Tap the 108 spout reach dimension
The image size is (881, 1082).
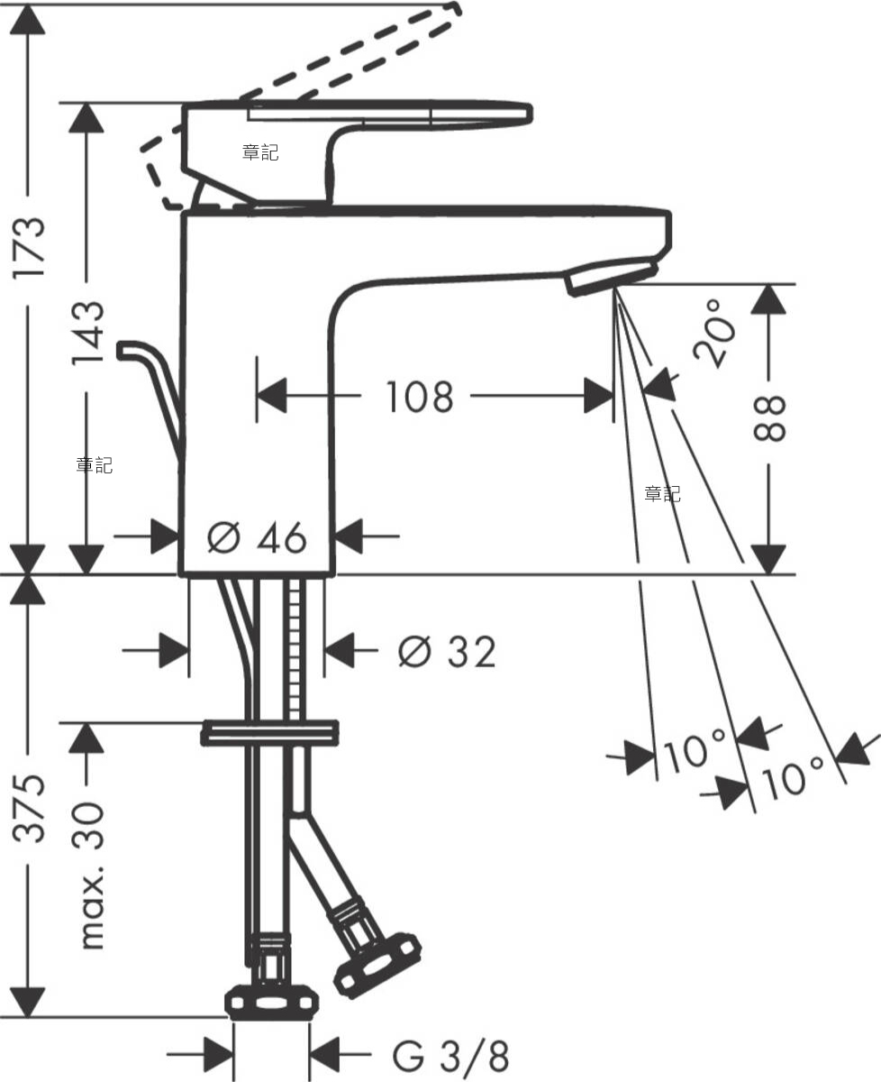tap(419, 396)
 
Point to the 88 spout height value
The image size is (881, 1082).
tap(771, 417)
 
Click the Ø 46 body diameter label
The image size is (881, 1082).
tap(257, 538)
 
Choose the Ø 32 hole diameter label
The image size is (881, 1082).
tap(447, 651)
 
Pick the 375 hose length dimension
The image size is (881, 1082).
tap(32, 807)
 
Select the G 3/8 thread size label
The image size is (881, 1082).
tap(450, 1053)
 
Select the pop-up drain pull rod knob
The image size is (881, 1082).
tap(131, 349)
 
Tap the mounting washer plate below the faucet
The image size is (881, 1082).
tap(269, 732)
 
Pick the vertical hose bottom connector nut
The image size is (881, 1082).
tap(271, 1001)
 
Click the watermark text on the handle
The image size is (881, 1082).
tap(260, 153)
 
